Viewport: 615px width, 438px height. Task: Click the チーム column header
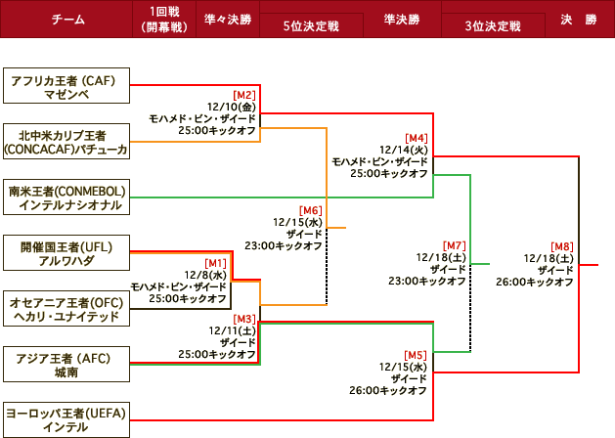click(66, 20)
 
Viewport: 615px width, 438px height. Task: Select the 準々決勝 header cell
click(228, 20)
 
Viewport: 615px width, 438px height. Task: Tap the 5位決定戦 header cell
click(310, 25)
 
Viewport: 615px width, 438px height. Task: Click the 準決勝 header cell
click(400, 20)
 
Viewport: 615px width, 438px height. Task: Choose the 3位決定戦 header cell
click(491, 25)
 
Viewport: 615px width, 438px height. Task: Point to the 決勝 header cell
click(578, 20)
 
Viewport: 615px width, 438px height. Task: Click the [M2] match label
click(243, 94)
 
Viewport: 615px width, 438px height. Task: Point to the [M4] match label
click(417, 138)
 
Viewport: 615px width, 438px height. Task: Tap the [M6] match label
click(310, 210)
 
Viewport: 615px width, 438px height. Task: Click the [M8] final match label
click(561, 246)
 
